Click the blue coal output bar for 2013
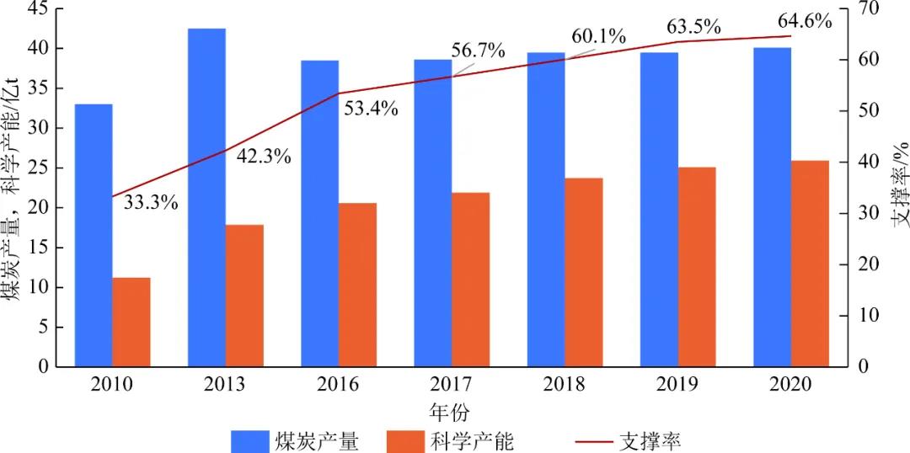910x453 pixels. click(x=206, y=198)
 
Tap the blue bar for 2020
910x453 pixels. click(x=772, y=207)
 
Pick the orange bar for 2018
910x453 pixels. click(x=583, y=273)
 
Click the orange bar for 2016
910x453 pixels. click(x=357, y=285)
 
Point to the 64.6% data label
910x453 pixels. click(x=804, y=21)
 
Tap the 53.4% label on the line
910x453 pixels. click(x=370, y=109)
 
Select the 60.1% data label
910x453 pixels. click(x=598, y=37)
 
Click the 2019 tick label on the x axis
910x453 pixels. click(x=678, y=385)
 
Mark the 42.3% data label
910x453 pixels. click(x=263, y=157)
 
